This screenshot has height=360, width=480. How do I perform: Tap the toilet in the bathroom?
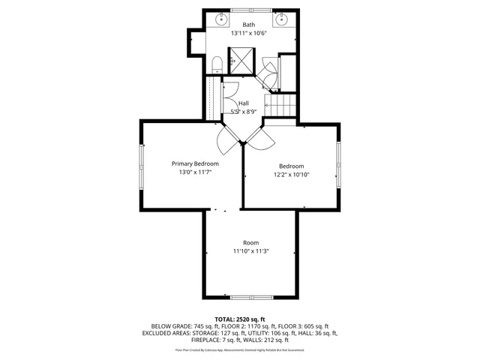(215, 63)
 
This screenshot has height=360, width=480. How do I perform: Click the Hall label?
(243, 103)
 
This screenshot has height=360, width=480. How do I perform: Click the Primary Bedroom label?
(195, 163)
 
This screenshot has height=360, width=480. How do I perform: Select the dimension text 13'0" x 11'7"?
(195, 172)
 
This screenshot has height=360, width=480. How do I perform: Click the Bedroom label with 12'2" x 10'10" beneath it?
(292, 166)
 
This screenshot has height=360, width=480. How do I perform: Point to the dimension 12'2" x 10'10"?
(292, 175)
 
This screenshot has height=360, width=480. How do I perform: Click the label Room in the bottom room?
(250, 242)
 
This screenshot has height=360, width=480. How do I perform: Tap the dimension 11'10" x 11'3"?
(250, 251)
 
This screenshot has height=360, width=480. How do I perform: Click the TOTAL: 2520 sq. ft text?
(240, 319)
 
